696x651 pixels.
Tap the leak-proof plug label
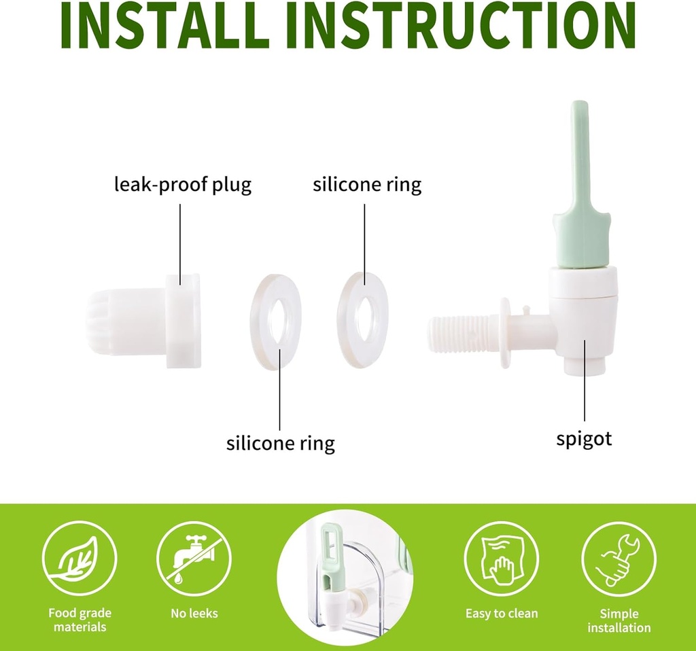pos(182,184)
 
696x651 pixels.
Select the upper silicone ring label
pos(367,184)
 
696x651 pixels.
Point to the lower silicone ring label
pos(281,443)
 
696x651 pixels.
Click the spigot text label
pos(584,439)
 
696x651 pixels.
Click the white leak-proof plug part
pos(143,320)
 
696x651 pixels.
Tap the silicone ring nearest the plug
pos(276,321)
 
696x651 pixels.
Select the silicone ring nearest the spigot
pos(363,320)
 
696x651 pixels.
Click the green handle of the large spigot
pos(580,186)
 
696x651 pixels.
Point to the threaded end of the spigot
pos(462,334)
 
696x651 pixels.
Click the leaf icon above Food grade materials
pos(80,559)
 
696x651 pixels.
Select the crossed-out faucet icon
pos(194,559)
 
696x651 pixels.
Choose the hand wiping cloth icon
pos(502,559)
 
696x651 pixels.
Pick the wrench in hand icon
pos(619,559)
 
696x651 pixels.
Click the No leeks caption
pos(194,613)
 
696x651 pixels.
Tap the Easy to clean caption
pos(502,613)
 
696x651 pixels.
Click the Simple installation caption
pos(619,620)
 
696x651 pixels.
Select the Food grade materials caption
pos(80,620)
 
